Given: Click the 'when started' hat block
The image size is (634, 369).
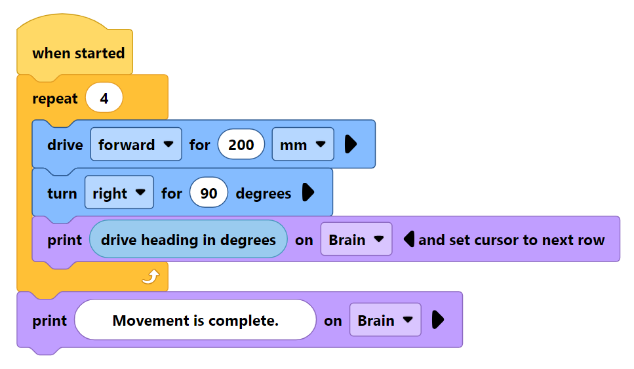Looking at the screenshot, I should pyautogui.click(x=77, y=53).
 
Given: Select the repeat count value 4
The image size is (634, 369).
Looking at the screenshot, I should pyautogui.click(x=104, y=99).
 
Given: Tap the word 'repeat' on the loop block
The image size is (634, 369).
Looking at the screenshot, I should pyautogui.click(x=54, y=99).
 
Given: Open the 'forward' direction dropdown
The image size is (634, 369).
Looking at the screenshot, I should pyautogui.click(x=136, y=145).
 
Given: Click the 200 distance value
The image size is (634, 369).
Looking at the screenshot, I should pyautogui.click(x=241, y=145).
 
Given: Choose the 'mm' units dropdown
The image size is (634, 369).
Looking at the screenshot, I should pyautogui.click(x=302, y=145).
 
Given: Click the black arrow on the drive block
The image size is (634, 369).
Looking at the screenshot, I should pyautogui.click(x=350, y=145).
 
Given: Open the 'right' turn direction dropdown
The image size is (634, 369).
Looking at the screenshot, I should pyautogui.click(x=119, y=193).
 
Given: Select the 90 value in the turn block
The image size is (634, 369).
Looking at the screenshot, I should pyautogui.click(x=208, y=193).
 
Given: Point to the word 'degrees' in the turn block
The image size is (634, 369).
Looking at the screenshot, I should pyautogui.click(x=263, y=193).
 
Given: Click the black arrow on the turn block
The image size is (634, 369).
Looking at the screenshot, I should pyautogui.click(x=307, y=193).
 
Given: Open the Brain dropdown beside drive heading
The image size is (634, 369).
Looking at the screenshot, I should pyautogui.click(x=355, y=240).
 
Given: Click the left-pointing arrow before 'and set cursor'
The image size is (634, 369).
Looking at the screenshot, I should pyautogui.click(x=409, y=240).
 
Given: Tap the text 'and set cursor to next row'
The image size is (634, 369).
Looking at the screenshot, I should pyautogui.click(x=511, y=240).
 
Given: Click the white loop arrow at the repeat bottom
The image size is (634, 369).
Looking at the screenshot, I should pyautogui.click(x=151, y=279).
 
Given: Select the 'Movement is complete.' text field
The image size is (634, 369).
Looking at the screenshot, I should pyautogui.click(x=195, y=320).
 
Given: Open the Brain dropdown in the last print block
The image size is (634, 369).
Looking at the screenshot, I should pyautogui.click(x=384, y=320).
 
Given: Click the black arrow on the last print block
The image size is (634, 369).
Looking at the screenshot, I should pyautogui.click(x=438, y=320).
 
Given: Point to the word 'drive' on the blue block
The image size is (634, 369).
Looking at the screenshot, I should pyautogui.click(x=65, y=145).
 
